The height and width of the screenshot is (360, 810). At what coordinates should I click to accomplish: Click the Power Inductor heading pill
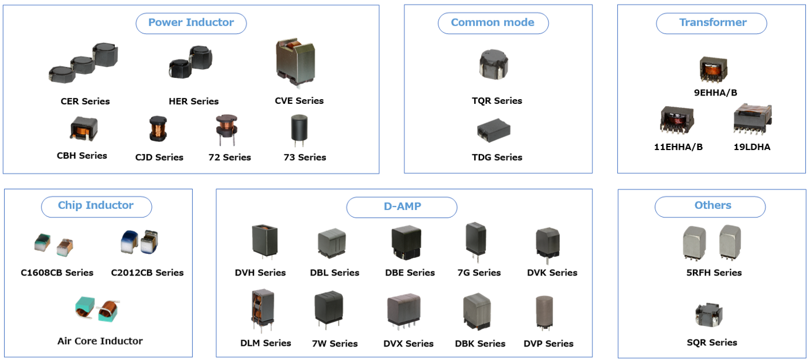(x=191, y=23)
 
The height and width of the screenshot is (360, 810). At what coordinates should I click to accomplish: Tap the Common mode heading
(x=493, y=23)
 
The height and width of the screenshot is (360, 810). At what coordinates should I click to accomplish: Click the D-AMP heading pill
(x=401, y=207)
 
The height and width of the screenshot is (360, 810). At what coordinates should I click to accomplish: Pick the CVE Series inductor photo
(x=295, y=63)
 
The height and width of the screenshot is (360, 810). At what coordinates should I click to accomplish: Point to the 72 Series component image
(x=227, y=130)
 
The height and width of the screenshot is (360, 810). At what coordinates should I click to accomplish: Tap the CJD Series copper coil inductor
(x=158, y=129)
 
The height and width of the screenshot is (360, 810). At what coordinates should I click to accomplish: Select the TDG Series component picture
(x=494, y=130)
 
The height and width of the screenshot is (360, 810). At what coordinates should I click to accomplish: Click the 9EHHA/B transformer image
(x=713, y=69)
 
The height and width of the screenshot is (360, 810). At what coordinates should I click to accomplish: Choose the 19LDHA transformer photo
(x=753, y=119)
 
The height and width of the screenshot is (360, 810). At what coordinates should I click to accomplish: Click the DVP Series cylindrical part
(x=544, y=313)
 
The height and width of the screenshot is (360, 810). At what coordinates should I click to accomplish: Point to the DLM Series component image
(x=263, y=310)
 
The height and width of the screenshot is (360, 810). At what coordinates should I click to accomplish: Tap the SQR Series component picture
(x=709, y=314)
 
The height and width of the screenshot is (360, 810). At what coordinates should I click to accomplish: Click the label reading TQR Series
(x=497, y=101)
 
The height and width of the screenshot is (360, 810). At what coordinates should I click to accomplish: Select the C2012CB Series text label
(x=147, y=273)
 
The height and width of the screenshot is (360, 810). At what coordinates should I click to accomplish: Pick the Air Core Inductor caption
(x=100, y=341)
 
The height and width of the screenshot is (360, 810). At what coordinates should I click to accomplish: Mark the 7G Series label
(x=479, y=273)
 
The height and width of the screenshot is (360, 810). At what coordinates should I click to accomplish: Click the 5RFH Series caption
(x=714, y=273)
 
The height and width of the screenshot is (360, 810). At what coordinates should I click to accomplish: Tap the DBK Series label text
(x=480, y=344)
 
